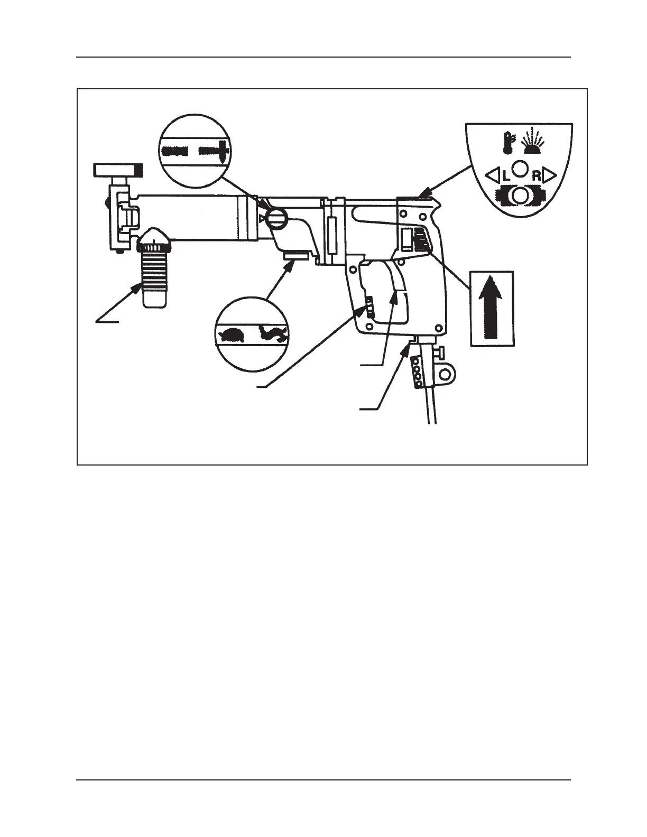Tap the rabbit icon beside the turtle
(x=273, y=333)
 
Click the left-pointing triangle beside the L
(x=492, y=174)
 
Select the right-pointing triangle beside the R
(x=550, y=174)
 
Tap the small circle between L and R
(x=521, y=169)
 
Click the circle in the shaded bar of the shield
(x=521, y=195)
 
